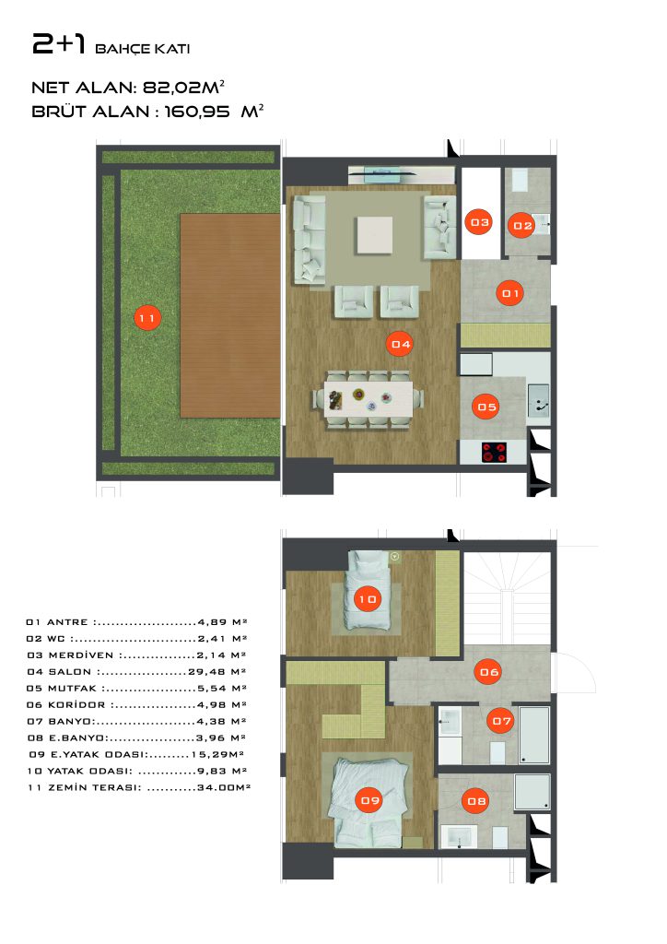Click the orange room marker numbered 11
pyautogui.click(x=147, y=318)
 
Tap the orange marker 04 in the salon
pyautogui.click(x=401, y=344)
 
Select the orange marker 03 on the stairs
pyautogui.click(x=479, y=222)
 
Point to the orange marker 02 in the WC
pyautogui.click(x=522, y=225)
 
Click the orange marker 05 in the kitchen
pyautogui.click(x=486, y=407)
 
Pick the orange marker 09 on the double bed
pyautogui.click(x=369, y=799)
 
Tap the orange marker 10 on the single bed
pyautogui.click(x=368, y=598)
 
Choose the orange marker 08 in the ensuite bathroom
pyautogui.click(x=476, y=801)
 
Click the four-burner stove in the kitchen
pyautogui.click(x=494, y=452)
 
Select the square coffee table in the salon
pyautogui.click(x=374, y=235)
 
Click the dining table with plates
pyautogui.click(x=369, y=398)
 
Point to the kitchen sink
pyautogui.click(x=538, y=400)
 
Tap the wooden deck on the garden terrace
pyautogui.click(x=230, y=315)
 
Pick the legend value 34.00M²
pyautogui.click(x=224, y=787)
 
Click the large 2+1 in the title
pyautogui.click(x=59, y=44)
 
